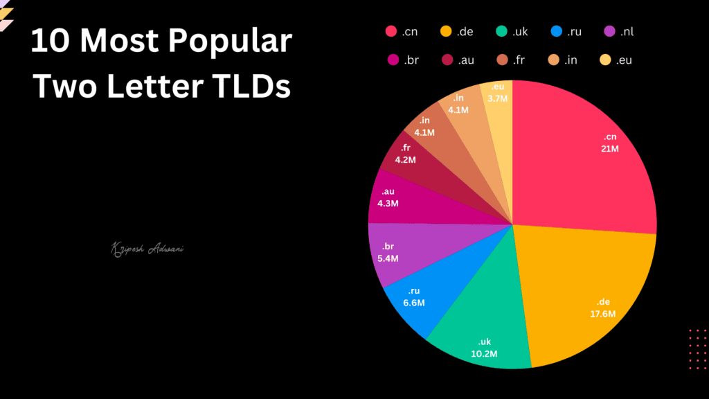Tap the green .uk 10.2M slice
pyautogui.click(x=485, y=332)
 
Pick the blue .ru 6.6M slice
pyautogui.click(x=420, y=298)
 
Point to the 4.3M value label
pyautogui.click(x=388, y=204)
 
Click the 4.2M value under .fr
pyautogui.click(x=405, y=160)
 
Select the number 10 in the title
pyautogui.click(x=51, y=43)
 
